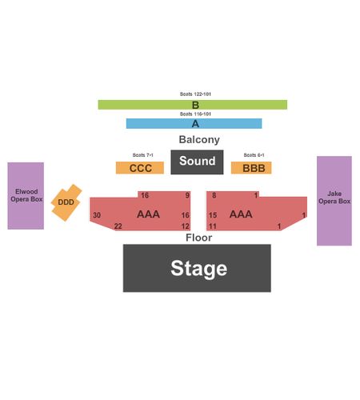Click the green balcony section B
coord(193,105)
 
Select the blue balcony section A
coord(194,124)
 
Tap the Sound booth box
coord(197,162)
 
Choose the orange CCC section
coord(140,168)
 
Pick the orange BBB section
coord(251,168)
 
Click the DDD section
coord(66,202)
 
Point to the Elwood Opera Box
coord(26,196)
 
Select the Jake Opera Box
coord(334,201)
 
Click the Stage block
coord(197,268)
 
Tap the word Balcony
coord(199,139)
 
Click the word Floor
coord(199,238)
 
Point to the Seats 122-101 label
coord(195,94)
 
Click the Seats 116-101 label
coord(195,114)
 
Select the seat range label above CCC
coord(143,155)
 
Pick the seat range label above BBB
coord(254,155)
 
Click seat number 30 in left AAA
coord(97,215)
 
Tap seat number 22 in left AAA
coord(118,226)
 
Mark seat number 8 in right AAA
coord(214,195)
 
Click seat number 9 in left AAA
coord(187,195)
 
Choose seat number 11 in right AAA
coord(213,226)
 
